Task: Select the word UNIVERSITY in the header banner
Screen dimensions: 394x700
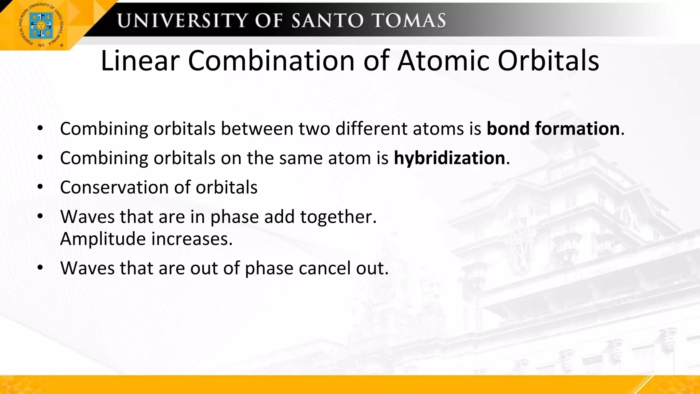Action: tap(182, 21)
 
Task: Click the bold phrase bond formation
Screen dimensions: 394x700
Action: tap(553, 129)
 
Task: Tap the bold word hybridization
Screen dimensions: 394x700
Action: tap(449, 158)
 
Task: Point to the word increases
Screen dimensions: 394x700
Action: tap(192, 239)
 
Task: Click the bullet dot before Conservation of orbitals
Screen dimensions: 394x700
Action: tap(40, 187)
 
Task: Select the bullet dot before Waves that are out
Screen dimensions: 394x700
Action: tap(40, 268)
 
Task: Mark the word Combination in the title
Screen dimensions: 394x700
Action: tap(271, 61)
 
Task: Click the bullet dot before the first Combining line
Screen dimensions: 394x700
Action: tap(40, 129)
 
